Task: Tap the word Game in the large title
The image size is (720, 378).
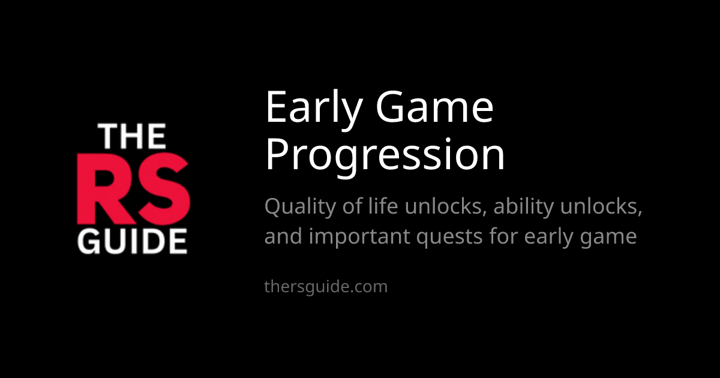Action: pos(434,106)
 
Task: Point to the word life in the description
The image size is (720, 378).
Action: pos(383,206)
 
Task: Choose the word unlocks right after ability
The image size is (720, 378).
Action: pos(601,206)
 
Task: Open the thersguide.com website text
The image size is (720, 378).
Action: pos(326,287)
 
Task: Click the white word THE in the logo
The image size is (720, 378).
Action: pos(132,137)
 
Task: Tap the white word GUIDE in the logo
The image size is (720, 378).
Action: pos(132,241)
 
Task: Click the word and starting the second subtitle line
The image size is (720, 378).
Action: pos(283,236)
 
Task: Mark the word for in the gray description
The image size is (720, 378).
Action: pos(503,236)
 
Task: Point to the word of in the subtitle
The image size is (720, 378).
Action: pos(352,206)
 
